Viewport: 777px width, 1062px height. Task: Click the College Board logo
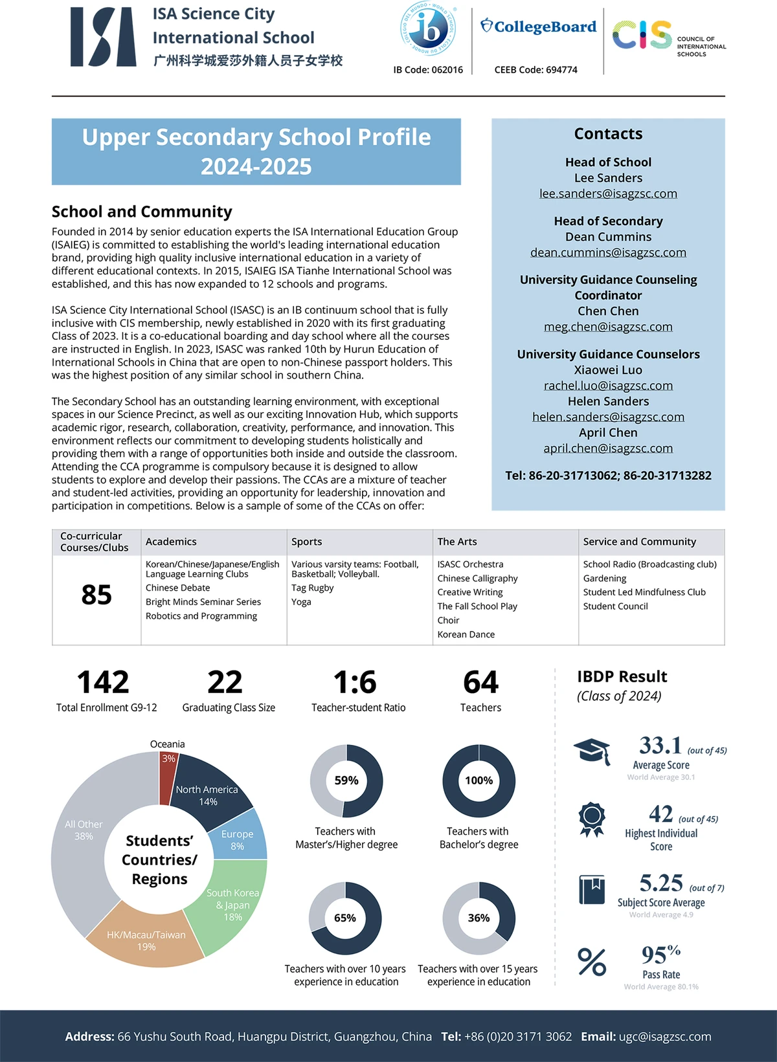[538, 27]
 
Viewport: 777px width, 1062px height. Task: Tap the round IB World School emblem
[428, 29]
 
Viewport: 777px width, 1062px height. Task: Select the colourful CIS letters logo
[642, 35]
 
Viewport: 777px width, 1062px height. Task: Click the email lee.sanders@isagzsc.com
[608, 194]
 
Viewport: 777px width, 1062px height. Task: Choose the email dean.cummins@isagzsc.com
[608, 252]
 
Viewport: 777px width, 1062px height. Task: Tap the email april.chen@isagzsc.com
[608, 448]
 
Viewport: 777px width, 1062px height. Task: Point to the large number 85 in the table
[96, 595]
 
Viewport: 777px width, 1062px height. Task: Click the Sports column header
[307, 542]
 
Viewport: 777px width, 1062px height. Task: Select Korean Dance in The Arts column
[466, 634]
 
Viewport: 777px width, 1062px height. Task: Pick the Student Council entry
[615, 606]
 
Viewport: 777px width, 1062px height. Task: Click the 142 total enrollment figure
[103, 682]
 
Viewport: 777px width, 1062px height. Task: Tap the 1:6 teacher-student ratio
[355, 682]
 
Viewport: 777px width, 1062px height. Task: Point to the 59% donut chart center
[346, 780]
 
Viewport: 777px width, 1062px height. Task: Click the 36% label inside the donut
[479, 918]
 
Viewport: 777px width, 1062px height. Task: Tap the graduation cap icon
[592, 751]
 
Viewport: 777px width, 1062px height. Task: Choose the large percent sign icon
[592, 962]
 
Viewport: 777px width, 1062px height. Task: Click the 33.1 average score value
[660, 746]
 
